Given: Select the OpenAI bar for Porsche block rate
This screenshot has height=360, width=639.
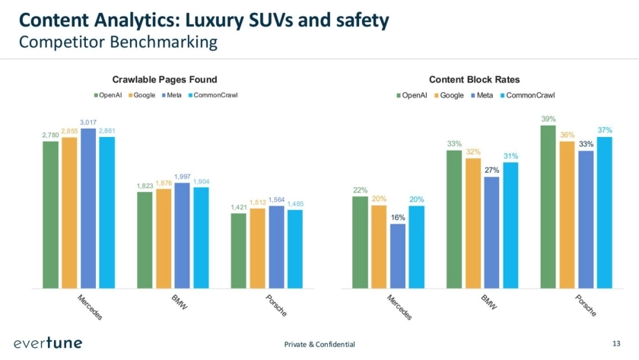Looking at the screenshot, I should tap(548, 206).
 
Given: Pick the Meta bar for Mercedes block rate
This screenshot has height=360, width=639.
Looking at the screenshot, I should tap(398, 256).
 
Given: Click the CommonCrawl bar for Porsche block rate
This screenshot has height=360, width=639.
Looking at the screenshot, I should tap(605, 212).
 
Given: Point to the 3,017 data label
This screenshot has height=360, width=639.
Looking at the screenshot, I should tap(88, 122).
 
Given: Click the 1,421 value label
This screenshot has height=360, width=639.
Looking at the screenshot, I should tap(239, 207).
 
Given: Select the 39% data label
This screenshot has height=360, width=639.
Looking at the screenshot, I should tap(548, 119).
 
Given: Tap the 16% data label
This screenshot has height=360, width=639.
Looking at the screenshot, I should tap(398, 217).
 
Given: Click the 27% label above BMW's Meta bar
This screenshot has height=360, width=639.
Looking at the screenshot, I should tap(491, 170).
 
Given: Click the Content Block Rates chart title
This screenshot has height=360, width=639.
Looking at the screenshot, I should tap(474, 79).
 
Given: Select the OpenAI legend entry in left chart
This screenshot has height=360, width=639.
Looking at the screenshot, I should tap(111, 94).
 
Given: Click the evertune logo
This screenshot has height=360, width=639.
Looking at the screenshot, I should tap(48, 343).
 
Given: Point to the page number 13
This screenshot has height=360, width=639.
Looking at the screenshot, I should tap(616, 344).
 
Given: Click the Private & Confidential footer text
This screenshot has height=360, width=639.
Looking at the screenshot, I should tap(319, 344).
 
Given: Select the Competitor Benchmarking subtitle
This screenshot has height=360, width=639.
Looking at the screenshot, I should tap(118, 42).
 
